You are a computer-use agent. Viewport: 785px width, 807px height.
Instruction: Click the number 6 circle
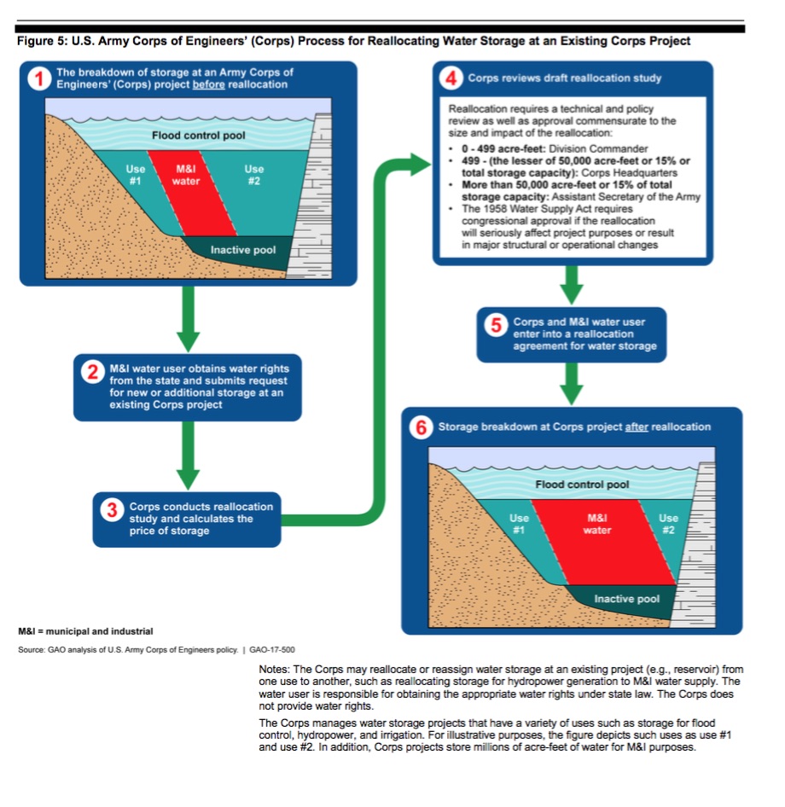coord(420,427)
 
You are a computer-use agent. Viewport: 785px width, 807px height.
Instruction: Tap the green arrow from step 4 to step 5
coord(573,285)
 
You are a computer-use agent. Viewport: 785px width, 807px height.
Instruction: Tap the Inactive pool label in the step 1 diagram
coord(243,251)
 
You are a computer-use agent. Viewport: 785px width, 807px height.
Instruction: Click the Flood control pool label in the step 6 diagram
coord(583,485)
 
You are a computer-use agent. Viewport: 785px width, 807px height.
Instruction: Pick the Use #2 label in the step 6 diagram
coord(668,523)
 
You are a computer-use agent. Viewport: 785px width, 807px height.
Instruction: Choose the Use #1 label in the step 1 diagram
coord(136,175)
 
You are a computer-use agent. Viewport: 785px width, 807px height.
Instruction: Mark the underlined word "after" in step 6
coord(637,427)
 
